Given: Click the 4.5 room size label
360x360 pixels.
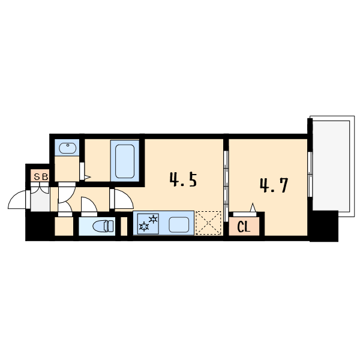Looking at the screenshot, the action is tap(183, 180).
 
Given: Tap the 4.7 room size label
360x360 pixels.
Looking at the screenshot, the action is tap(274, 185).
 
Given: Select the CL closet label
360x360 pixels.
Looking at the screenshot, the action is tap(244, 227).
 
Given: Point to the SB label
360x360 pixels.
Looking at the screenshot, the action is tap(41, 176).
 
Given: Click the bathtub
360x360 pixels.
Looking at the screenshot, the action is tap(125, 161).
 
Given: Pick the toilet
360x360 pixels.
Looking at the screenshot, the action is tap(103, 226).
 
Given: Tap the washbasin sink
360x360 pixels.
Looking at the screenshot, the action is tap(67, 148).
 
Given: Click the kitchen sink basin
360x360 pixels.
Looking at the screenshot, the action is tap(179, 225).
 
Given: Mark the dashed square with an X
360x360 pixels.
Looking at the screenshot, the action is tap(208, 223).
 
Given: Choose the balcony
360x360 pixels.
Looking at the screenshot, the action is tap(331, 166).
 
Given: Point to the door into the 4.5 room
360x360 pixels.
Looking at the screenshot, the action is tap(124, 199).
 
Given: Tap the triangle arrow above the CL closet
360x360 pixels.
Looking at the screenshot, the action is tap(253, 208).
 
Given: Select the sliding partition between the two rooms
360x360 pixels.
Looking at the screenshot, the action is tap(226, 186).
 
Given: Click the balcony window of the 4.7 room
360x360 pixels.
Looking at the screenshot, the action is tap(310, 174).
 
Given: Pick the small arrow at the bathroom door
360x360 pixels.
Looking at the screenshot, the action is tap(88, 177).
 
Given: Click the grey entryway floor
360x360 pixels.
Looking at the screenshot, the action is tap(40, 199).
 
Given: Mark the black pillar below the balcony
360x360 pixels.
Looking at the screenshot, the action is tap(324, 226).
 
